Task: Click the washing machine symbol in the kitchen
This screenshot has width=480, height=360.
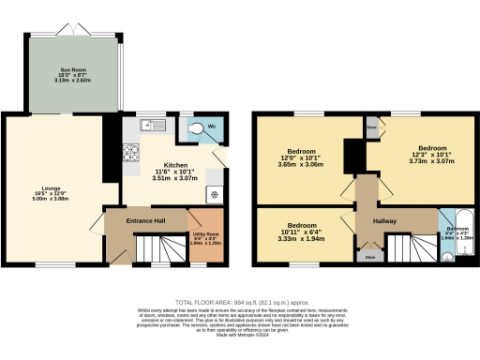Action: click(216, 195)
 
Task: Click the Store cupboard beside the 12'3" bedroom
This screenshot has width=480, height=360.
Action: click(372, 127)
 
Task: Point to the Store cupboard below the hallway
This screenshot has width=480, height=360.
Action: click(369, 252)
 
